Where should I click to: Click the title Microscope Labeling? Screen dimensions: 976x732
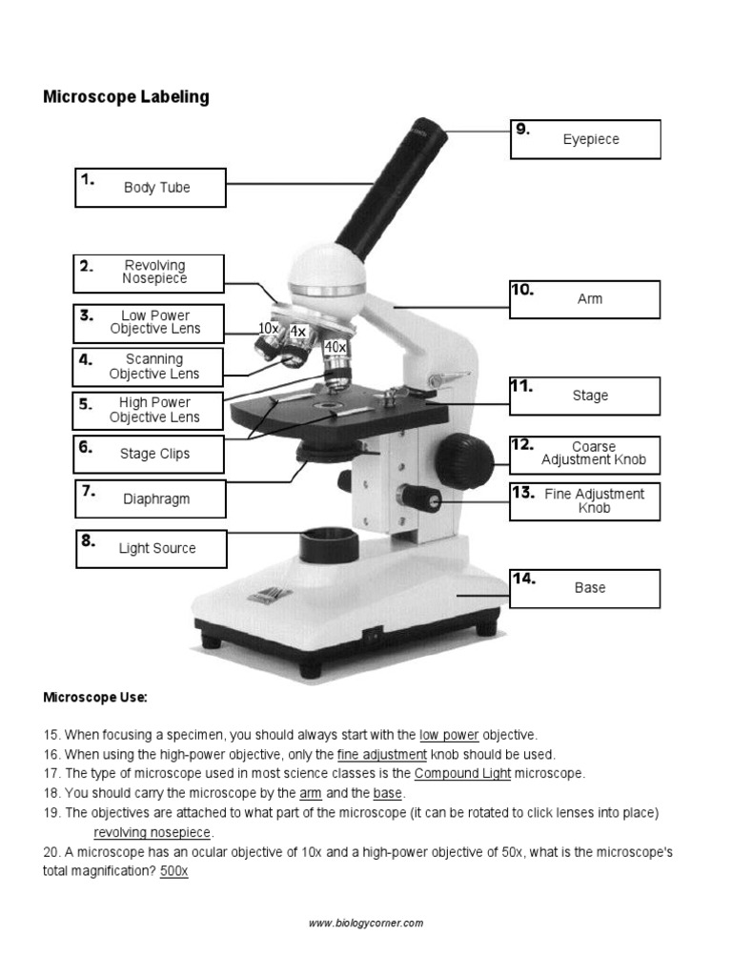pos(126,97)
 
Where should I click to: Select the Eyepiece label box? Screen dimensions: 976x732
pos(585,139)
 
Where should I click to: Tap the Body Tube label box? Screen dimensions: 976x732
pos(151,188)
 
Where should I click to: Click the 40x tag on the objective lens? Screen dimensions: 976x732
pos(335,347)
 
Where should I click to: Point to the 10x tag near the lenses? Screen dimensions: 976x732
pos(268,328)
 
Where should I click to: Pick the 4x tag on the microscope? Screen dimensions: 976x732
pos(298,332)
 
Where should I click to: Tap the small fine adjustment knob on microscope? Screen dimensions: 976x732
pos(418,497)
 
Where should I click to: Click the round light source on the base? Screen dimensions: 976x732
pos(329,545)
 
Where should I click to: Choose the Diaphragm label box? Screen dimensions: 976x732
pos(151,498)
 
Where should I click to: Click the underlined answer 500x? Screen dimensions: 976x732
pos(173,871)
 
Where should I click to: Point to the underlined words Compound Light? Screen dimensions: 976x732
pos(462,773)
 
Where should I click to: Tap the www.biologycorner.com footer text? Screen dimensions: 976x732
pos(365,923)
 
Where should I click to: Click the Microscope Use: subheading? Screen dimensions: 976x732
pos(95,698)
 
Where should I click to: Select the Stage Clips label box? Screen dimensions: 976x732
pos(151,454)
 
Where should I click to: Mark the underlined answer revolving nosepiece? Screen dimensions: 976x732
pos(152,832)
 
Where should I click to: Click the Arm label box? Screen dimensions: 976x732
pos(585,299)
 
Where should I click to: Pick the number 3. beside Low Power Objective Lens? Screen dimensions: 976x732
pos(87,315)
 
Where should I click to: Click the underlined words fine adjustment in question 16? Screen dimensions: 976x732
pos(382,754)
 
